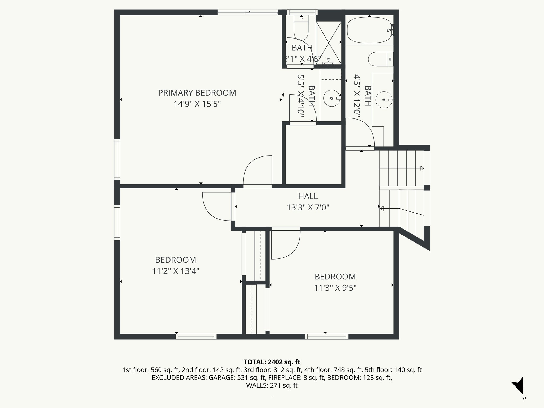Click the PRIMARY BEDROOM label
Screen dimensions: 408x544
click(x=197, y=93)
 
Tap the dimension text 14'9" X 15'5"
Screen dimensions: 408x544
click(x=197, y=104)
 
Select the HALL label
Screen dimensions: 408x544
click(x=308, y=196)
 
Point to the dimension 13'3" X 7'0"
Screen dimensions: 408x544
click(x=308, y=207)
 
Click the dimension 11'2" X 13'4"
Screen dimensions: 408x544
click(x=176, y=271)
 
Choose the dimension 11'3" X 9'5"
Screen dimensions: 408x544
click(x=335, y=288)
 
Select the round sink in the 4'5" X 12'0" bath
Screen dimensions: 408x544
click(x=384, y=100)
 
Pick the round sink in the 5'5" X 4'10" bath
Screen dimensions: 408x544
click(x=332, y=98)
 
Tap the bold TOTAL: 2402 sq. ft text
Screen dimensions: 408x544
click(x=272, y=362)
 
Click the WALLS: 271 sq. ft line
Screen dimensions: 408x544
click(x=272, y=385)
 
